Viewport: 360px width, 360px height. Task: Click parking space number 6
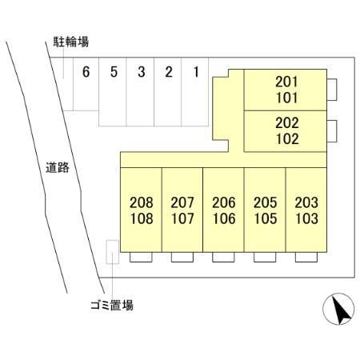tap(86, 84)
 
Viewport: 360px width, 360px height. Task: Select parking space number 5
tap(113, 92)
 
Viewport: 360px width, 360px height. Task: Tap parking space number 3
tap(140, 92)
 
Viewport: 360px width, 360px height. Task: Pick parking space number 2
tap(168, 92)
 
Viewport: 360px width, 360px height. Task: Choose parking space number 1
tap(195, 92)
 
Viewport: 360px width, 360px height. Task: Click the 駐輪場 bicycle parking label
tap(71, 42)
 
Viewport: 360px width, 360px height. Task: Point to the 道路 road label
tap(58, 167)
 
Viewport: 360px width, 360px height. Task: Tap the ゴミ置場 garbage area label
tap(112, 305)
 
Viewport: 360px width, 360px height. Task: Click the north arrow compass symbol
tap(338, 309)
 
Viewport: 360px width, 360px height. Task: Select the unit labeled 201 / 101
tap(286, 90)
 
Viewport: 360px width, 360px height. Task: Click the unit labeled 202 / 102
tap(286, 131)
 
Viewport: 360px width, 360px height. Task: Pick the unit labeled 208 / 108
tap(141, 210)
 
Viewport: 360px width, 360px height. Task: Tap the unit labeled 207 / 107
tap(182, 210)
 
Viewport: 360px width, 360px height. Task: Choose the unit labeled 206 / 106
tap(224, 210)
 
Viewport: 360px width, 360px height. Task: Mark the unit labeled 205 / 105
tap(265, 210)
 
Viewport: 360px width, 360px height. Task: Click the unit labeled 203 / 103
tap(306, 210)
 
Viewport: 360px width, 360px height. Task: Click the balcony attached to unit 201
tap(332, 90)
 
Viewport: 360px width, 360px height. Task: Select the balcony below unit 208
tap(141, 257)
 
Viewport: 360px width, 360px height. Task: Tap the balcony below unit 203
tap(306, 257)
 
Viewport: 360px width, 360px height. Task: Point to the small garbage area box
tap(112, 252)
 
